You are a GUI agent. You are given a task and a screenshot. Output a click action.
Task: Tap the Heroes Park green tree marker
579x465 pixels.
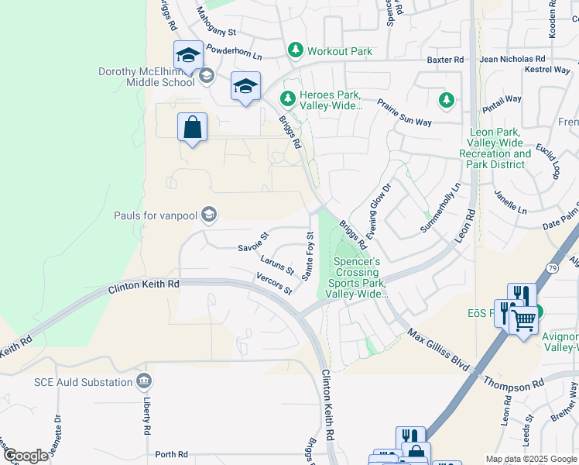[287, 98]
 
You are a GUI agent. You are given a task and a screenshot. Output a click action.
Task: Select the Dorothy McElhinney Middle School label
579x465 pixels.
[146, 77]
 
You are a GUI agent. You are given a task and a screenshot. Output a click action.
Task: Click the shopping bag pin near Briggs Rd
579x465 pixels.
[192, 127]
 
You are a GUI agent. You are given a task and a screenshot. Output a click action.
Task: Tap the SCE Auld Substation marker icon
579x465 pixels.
[143, 381]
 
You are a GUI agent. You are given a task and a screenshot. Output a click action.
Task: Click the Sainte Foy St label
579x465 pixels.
[308, 257]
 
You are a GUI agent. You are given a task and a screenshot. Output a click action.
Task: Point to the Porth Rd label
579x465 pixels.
[171, 454]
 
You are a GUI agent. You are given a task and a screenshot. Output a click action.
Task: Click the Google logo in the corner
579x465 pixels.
[26, 456]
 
